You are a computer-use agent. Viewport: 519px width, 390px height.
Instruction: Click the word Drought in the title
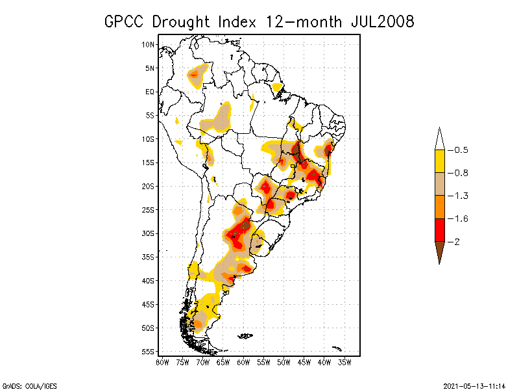(x=183, y=21)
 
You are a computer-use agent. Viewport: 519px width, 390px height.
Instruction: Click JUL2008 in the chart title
(x=381, y=21)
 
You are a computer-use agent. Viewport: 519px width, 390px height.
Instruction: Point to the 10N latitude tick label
(x=149, y=44)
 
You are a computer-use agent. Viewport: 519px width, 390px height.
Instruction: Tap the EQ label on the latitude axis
(x=150, y=92)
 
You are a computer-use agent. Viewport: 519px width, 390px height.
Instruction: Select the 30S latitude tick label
(x=149, y=233)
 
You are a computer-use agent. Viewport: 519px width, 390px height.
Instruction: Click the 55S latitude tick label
(x=149, y=352)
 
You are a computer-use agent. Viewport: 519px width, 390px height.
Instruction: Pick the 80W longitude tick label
(x=162, y=362)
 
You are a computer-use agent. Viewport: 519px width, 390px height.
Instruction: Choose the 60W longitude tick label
(x=243, y=362)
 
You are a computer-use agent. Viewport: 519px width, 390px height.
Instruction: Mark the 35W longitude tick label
(x=344, y=362)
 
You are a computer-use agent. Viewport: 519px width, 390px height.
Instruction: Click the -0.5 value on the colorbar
(x=461, y=150)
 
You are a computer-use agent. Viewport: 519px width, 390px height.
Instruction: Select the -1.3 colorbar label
(x=461, y=196)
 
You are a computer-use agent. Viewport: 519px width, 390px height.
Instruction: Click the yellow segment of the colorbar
(x=439, y=161)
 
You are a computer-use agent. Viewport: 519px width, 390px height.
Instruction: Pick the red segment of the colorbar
(x=439, y=230)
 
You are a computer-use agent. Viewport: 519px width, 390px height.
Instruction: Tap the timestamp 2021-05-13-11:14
(x=474, y=385)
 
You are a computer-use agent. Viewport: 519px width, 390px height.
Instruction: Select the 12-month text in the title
(x=304, y=21)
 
